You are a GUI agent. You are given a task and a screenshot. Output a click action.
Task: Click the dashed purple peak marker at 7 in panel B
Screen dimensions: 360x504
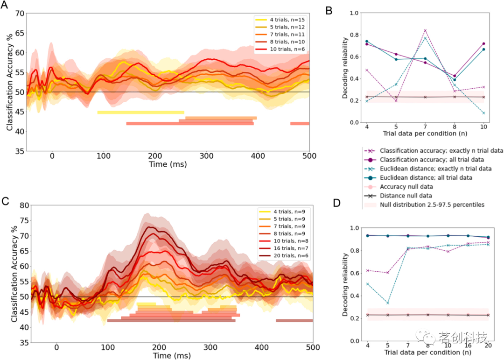click(x=425, y=30)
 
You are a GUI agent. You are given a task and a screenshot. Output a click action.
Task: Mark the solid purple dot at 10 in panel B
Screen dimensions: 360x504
click(x=483, y=43)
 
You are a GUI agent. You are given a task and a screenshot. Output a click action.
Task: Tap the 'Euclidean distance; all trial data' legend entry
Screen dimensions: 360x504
click(x=426, y=177)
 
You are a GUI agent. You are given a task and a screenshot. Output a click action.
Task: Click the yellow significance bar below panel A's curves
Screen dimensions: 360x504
click(x=140, y=112)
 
